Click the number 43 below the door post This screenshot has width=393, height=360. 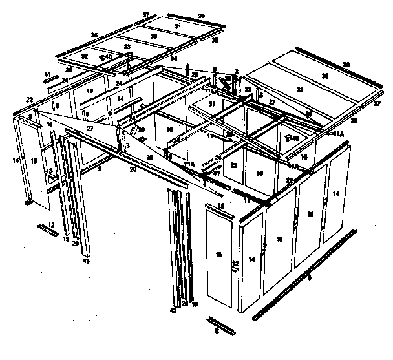tap(86, 261)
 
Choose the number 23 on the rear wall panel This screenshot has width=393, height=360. tap(234, 165)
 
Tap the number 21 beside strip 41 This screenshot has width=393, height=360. tap(65, 81)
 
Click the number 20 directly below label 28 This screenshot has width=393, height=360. tap(133, 170)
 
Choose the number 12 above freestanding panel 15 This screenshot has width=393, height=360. tap(220, 206)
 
